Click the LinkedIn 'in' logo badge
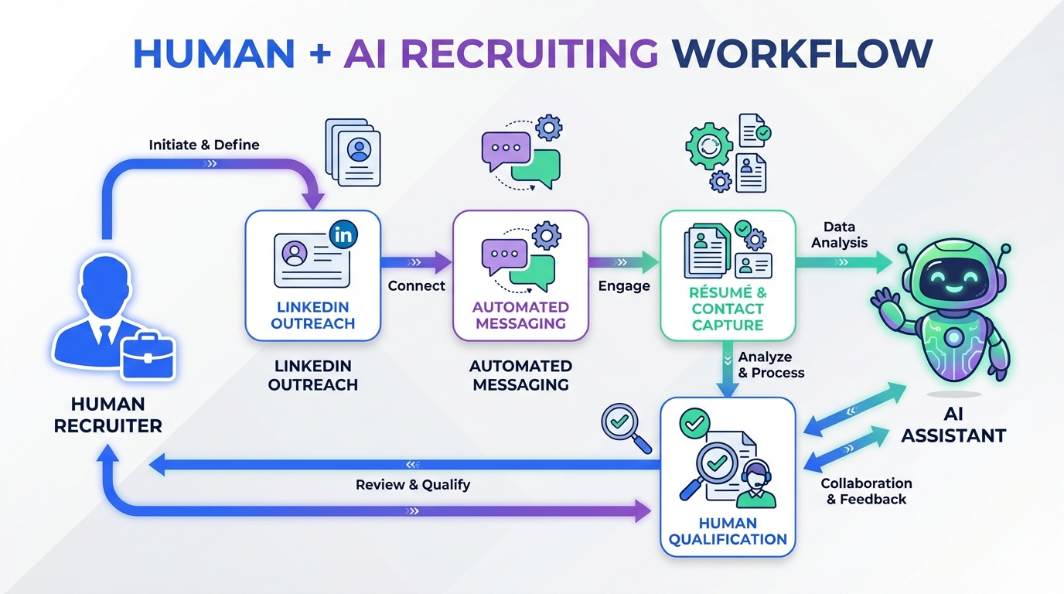click(x=343, y=233)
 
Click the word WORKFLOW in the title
click(x=802, y=53)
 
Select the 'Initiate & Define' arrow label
click(x=204, y=145)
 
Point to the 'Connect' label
click(x=417, y=285)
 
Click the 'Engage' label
click(x=624, y=285)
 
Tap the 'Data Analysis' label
click(x=839, y=234)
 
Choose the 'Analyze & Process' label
click(x=771, y=365)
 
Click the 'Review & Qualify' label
click(x=413, y=485)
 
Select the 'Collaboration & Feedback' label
click(x=866, y=491)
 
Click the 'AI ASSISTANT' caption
click(x=953, y=426)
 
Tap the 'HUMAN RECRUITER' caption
click(x=108, y=415)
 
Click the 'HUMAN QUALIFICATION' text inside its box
click(x=728, y=531)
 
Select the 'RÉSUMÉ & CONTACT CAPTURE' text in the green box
click(x=728, y=309)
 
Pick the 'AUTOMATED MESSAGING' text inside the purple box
click(x=520, y=316)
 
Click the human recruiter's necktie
click(x=103, y=334)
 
